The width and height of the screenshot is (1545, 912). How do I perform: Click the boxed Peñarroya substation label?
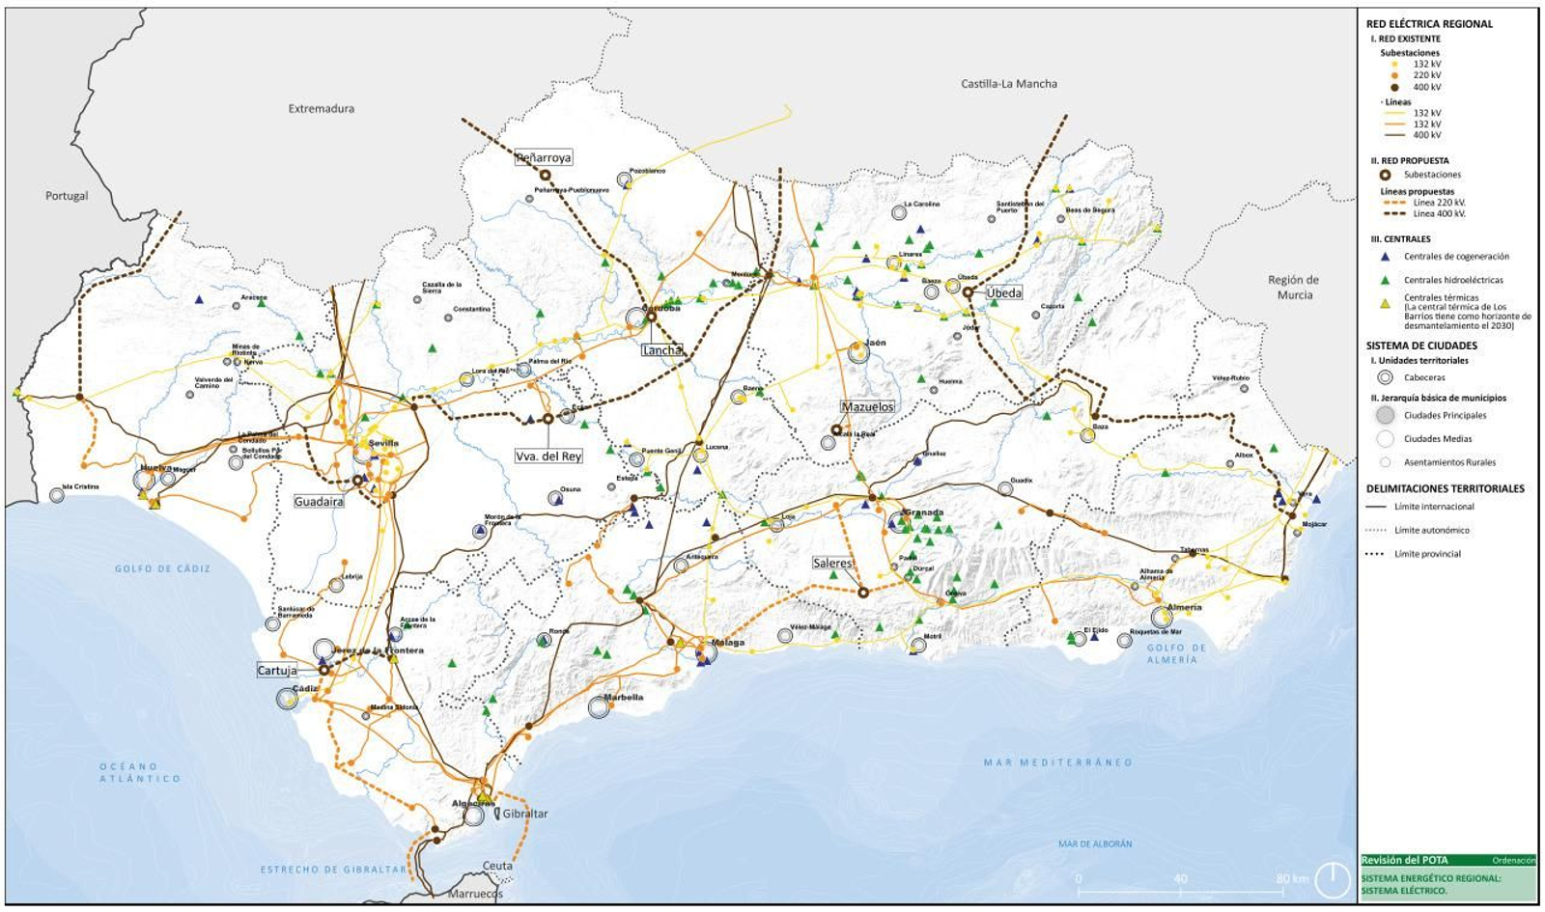click(x=544, y=157)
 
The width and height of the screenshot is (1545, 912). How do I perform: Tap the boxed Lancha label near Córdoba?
click(x=661, y=350)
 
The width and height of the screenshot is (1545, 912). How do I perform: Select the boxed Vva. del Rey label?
click(x=548, y=456)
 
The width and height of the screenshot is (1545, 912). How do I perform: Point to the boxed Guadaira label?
click(x=319, y=502)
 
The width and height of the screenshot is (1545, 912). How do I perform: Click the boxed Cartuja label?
click(x=277, y=670)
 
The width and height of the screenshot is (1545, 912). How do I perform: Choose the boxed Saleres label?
click(x=832, y=564)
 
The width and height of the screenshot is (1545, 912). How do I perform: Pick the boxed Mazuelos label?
click(x=867, y=407)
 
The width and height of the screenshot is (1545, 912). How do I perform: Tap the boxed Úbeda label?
click(x=1003, y=292)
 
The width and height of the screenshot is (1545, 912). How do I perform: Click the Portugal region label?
click(x=67, y=196)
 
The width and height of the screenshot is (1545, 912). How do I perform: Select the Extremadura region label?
click(x=321, y=109)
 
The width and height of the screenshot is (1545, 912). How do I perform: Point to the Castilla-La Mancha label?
click(x=1008, y=84)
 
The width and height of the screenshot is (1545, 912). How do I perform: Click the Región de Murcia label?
click(x=1294, y=287)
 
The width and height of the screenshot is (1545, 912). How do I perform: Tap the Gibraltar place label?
click(x=524, y=814)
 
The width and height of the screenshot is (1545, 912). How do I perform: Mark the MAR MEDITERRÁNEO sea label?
click(x=1057, y=762)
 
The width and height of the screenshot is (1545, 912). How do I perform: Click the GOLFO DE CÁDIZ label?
click(x=162, y=568)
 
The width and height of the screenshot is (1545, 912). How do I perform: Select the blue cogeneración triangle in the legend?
click(x=1385, y=257)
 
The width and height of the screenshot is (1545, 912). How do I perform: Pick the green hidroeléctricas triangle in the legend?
click(x=1385, y=280)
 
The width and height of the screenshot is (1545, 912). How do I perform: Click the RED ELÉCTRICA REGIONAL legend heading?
click(x=1429, y=24)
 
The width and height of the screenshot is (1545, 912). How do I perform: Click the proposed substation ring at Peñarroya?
click(x=545, y=176)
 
